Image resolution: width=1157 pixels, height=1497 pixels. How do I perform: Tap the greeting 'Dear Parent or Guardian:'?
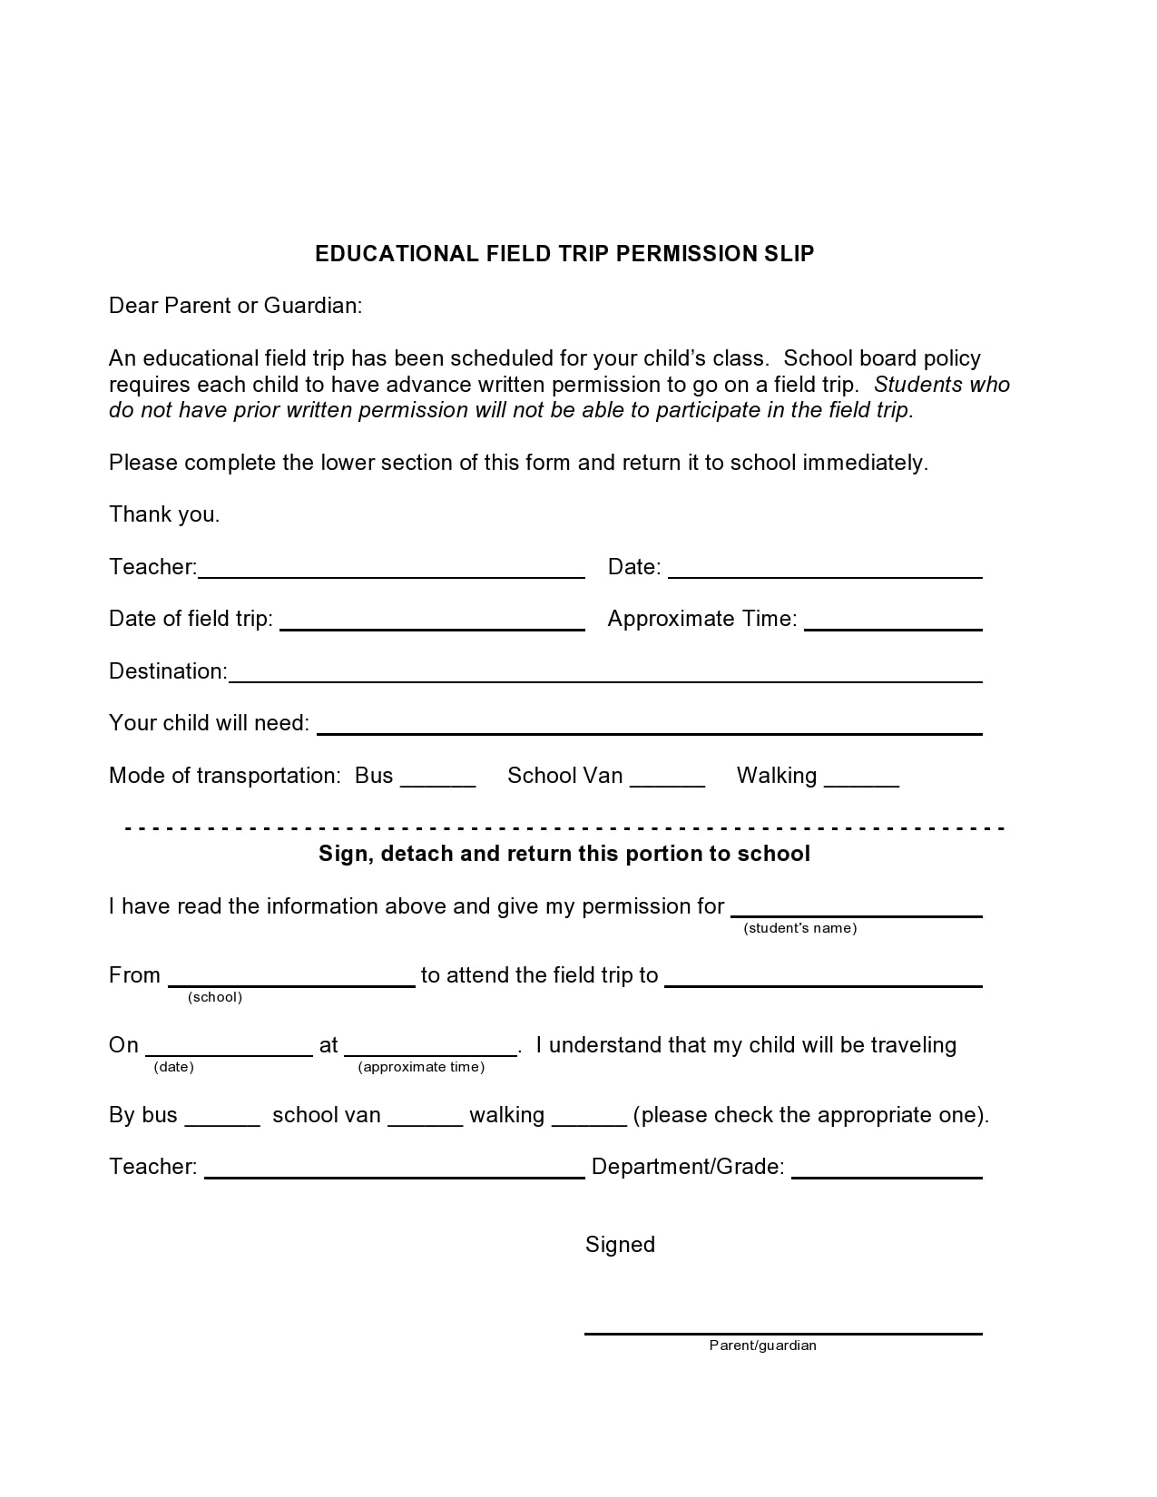(x=235, y=306)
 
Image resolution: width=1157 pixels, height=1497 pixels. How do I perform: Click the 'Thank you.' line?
(x=164, y=514)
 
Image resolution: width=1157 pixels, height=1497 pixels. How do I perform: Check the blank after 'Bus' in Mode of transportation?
(x=437, y=783)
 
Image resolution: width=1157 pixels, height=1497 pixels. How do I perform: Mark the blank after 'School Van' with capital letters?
(x=667, y=783)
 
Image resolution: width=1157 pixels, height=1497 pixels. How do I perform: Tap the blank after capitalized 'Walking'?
(x=861, y=783)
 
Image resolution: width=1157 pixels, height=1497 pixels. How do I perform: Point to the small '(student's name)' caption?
(x=799, y=928)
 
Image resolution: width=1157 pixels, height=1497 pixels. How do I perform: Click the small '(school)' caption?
(x=215, y=997)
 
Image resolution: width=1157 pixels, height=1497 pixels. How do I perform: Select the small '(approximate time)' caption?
(x=421, y=1067)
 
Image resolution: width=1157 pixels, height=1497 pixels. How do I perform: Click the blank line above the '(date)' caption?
(x=229, y=1053)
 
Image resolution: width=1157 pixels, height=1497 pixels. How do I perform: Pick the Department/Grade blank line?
(x=887, y=1175)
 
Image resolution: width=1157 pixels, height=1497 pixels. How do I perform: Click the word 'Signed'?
(x=620, y=1245)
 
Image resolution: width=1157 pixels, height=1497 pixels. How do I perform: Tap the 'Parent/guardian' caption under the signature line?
(x=762, y=1345)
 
